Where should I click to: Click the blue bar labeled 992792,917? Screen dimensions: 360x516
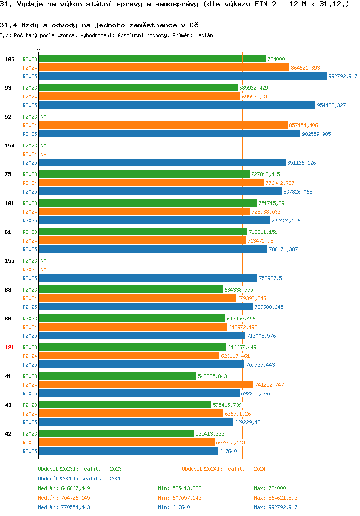183,76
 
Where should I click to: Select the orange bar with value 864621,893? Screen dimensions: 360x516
164,67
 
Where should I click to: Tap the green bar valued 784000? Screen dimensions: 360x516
153,59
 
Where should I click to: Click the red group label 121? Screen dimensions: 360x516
10,347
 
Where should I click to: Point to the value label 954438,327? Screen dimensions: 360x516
331,105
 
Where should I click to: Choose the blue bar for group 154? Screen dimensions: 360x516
162,162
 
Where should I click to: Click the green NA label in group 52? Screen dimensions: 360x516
43,117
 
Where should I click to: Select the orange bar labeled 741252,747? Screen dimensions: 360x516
146,384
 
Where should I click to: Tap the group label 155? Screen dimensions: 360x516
10,261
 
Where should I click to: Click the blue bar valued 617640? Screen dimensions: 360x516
129,451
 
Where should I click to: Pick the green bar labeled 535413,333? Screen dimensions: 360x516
116,433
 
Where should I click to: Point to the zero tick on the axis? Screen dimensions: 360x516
39,49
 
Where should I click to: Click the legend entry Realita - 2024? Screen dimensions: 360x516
224,469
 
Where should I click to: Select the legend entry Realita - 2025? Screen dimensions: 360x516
80,479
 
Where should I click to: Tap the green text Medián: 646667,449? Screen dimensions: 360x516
64,488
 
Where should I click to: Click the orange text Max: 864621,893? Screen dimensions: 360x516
276,498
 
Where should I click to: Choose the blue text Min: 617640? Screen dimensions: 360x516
174,507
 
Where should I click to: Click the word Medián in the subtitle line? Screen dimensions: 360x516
204,35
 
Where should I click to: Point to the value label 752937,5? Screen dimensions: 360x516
270,278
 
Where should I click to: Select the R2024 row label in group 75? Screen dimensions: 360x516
30,183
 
